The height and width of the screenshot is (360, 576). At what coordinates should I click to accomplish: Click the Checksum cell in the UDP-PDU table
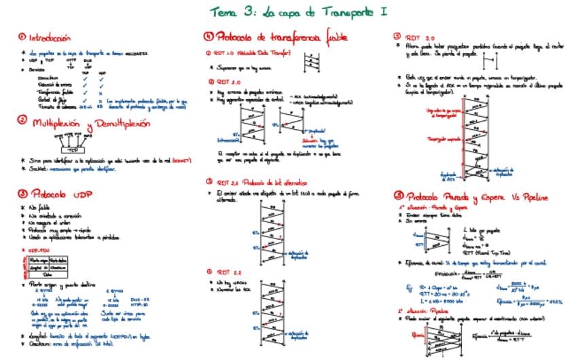(58, 267)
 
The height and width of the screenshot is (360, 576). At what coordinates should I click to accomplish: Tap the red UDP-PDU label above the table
(34, 249)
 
